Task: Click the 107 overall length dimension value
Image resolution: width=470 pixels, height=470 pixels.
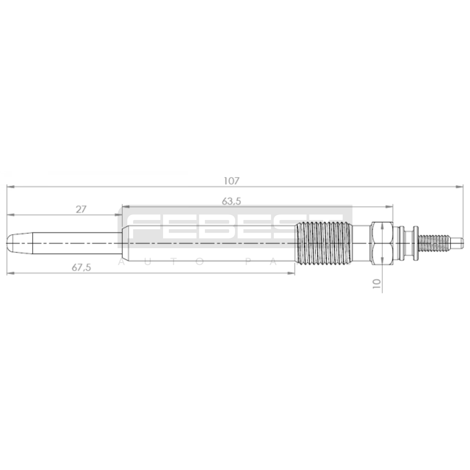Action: click(x=232, y=181)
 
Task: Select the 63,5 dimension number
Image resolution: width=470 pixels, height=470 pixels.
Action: click(x=231, y=202)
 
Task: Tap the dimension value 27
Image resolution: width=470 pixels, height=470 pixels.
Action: click(x=81, y=209)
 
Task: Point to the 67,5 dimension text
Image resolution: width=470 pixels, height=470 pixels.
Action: click(x=81, y=268)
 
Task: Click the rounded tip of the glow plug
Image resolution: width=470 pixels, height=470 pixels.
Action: click(x=12, y=244)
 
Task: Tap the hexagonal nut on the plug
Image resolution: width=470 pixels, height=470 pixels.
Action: click(x=382, y=244)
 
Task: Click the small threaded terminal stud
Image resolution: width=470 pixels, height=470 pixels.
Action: click(x=434, y=244)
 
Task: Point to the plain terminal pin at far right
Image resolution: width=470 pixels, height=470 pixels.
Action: click(x=457, y=244)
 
